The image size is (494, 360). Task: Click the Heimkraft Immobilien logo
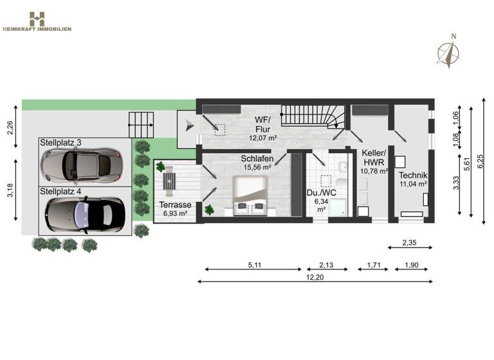(x=37, y=21)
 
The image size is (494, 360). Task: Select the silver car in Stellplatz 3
(x=81, y=165)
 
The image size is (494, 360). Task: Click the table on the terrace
(x=169, y=181)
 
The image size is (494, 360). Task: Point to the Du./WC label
(x=321, y=196)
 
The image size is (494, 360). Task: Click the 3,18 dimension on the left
(x=10, y=192)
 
